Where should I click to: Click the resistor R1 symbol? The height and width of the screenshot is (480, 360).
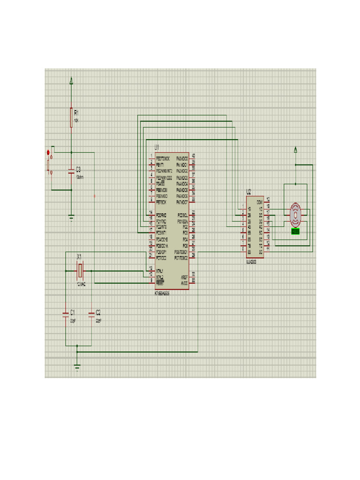71,117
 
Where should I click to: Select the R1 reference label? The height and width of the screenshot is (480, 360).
76,112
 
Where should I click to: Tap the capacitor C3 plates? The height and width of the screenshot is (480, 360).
71,172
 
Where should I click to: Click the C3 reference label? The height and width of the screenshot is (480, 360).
78,169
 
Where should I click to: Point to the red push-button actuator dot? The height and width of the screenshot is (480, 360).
48,153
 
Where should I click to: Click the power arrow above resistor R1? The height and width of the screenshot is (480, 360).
71,81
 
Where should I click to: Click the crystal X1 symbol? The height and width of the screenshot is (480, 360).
80,270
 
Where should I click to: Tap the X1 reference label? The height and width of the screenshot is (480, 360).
79,257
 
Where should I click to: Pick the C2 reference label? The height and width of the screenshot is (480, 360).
98,312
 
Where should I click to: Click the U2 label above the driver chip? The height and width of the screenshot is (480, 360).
248,192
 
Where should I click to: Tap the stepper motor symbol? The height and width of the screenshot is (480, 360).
295,213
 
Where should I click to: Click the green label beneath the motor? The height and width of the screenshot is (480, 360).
295,231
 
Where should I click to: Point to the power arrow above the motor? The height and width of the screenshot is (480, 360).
295,150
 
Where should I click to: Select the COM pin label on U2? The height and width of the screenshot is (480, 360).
259,202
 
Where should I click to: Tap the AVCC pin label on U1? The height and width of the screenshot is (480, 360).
184,283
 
